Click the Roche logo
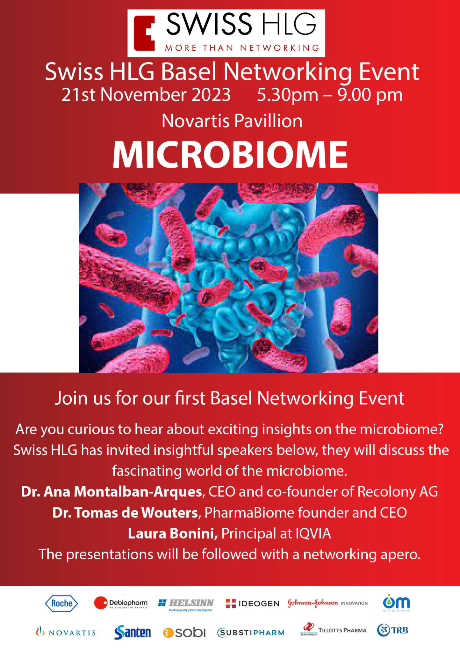(61, 603)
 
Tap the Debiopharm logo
(121, 603)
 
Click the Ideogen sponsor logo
(252, 603)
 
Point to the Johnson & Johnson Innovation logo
(328, 603)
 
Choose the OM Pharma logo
(396, 603)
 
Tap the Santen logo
(133, 632)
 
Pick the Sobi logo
(184, 633)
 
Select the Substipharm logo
(251, 633)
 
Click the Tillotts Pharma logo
(333, 629)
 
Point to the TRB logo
(392, 630)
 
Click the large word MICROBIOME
(230, 155)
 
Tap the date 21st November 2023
(146, 95)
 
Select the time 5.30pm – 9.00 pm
(330, 95)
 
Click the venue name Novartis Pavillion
(232, 121)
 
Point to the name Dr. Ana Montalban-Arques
(111, 492)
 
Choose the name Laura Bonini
(173, 533)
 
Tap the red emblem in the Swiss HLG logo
(144, 33)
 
